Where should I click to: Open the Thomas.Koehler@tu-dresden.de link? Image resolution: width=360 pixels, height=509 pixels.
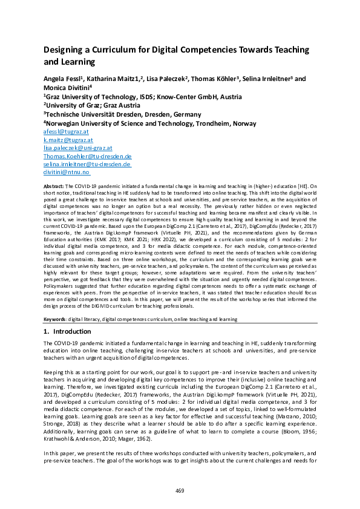(x=87, y=155)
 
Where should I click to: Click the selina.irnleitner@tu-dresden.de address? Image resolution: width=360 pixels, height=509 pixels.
(x=87, y=164)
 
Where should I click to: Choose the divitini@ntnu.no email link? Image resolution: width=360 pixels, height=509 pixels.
(x=66, y=172)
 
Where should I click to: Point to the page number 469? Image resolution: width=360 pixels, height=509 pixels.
(x=180, y=490)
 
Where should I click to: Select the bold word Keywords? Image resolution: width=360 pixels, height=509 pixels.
(x=57, y=318)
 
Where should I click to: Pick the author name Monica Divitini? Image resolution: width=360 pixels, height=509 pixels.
(x=66, y=87)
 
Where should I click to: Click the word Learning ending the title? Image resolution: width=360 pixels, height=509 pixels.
(x=78, y=62)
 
